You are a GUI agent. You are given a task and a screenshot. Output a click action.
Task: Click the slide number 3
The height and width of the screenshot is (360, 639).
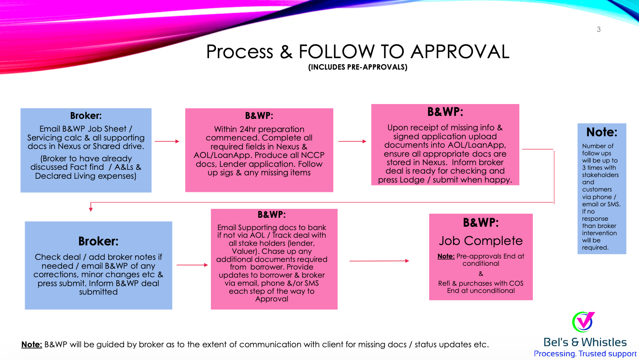599,29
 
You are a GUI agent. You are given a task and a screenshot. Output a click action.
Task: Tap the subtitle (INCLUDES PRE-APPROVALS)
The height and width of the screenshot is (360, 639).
358,67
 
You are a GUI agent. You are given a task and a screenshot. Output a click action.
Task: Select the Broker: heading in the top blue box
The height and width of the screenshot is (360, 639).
86,115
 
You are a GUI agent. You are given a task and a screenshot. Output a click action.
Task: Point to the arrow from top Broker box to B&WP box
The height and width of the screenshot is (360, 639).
167,141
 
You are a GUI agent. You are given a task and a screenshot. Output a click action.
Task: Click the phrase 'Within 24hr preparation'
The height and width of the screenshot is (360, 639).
259,129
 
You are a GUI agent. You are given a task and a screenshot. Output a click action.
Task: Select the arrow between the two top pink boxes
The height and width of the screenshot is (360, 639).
352,141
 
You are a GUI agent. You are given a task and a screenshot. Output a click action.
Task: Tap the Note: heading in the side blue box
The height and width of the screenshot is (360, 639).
602,132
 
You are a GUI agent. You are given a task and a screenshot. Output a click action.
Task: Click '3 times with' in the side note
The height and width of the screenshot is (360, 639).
599,168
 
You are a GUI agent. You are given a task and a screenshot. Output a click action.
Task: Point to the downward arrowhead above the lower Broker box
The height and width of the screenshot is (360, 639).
91,209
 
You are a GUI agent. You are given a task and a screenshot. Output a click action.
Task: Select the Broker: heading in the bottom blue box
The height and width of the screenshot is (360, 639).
99,241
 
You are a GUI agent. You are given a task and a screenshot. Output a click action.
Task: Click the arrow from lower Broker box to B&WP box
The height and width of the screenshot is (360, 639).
192,265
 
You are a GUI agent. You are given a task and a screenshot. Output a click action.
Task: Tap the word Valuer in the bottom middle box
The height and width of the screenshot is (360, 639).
244,251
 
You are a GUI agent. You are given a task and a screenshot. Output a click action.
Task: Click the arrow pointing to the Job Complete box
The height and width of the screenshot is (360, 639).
379,261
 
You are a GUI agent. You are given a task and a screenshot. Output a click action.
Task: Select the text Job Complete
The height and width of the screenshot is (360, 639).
481,241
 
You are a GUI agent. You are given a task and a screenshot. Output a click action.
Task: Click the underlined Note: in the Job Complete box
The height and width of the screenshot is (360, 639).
446,256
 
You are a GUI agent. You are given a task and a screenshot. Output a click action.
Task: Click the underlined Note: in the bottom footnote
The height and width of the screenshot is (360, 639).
32,345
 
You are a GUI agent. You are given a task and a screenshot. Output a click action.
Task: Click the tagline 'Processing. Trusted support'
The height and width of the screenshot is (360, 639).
585,354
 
